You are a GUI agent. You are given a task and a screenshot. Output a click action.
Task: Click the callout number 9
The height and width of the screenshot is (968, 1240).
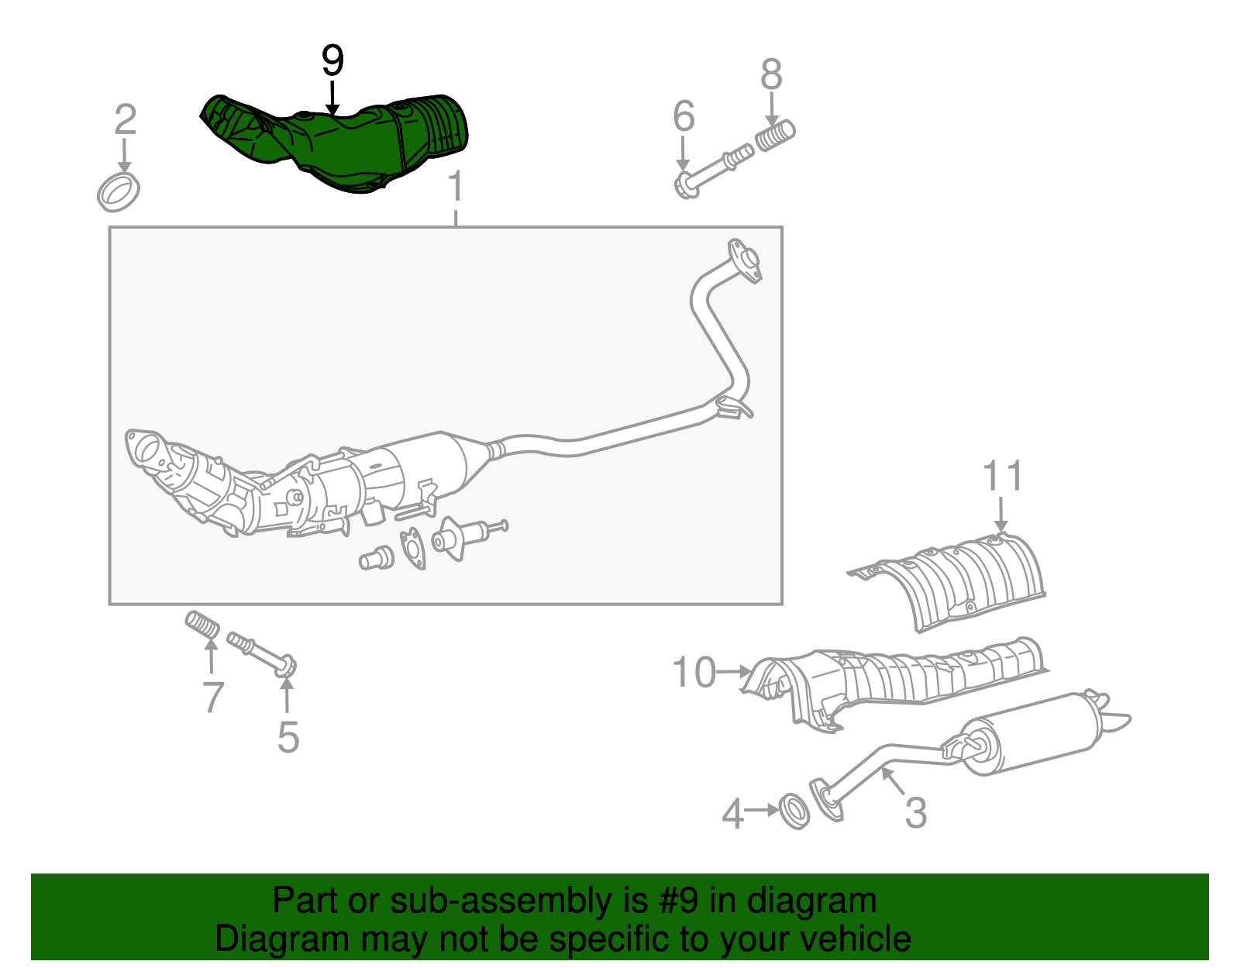pos(332,60)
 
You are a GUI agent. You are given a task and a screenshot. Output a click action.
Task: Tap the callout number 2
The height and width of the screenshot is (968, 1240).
pos(125,120)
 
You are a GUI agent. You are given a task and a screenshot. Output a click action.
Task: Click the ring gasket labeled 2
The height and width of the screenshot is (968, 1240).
pos(119,192)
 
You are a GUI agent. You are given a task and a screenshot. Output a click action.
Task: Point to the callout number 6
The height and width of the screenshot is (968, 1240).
pos(683,117)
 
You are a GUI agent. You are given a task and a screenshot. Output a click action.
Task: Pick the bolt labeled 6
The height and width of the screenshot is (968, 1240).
pos(713,171)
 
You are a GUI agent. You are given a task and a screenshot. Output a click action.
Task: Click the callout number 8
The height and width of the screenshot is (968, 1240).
pos(771,75)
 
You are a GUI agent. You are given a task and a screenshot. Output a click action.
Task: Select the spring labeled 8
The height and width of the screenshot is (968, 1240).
pos(775,136)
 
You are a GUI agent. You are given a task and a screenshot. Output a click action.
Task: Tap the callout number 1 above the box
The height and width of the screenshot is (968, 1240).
pos(456,188)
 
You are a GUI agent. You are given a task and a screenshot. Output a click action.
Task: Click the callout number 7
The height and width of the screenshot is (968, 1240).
pos(213,697)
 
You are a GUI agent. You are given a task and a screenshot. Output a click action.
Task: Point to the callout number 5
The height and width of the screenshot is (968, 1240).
pos(288,737)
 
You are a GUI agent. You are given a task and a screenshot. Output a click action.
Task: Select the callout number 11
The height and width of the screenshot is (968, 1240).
pos(1003,476)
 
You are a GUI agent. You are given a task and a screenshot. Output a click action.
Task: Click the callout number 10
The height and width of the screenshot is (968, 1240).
pos(694,672)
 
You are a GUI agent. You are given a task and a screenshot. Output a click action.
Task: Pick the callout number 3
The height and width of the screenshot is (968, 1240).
pos(915,813)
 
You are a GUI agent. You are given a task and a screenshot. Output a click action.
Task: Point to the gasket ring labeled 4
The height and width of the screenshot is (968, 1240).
pos(794,811)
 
